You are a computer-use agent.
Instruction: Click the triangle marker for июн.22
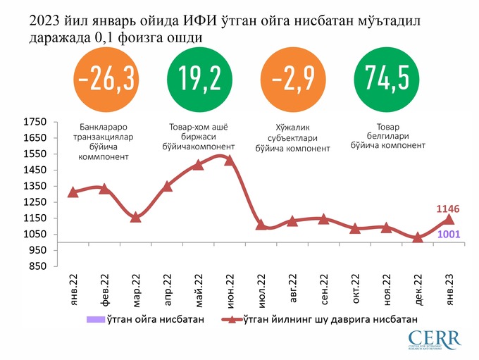click(229, 161)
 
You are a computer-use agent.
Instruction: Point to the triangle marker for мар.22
click(136, 217)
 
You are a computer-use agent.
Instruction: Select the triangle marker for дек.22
click(418, 237)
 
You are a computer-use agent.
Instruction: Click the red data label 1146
click(449, 209)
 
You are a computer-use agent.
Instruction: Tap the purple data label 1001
click(449, 235)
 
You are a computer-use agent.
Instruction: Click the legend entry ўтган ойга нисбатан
click(144, 320)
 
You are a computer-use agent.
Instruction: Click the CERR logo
click(433, 340)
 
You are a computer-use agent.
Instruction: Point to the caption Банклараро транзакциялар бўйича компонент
click(104, 142)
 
